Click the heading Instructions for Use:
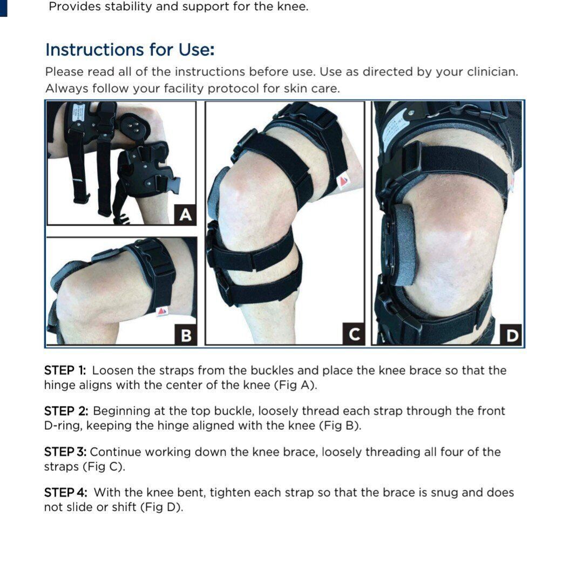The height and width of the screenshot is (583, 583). [x=130, y=50]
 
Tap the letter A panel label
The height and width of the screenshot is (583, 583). [x=185, y=214]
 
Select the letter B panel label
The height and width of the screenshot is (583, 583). [x=186, y=335]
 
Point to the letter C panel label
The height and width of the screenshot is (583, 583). [x=354, y=334]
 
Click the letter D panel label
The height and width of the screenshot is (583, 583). [x=512, y=335]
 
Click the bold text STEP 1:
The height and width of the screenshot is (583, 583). [x=65, y=370]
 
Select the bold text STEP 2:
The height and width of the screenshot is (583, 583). [x=66, y=411]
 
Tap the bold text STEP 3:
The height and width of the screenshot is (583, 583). [x=65, y=452]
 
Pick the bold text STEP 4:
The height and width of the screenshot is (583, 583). [x=66, y=492]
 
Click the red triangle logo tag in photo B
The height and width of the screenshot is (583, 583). [x=162, y=311]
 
